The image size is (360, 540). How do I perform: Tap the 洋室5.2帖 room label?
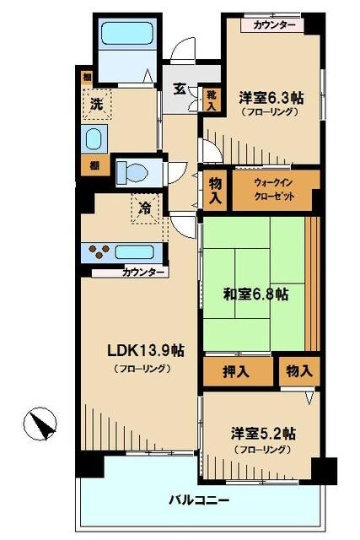(264, 434)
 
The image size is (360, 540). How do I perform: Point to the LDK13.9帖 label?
(144, 350)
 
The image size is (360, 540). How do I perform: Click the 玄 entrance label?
(180, 88)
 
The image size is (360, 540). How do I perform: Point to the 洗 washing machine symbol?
(97, 105)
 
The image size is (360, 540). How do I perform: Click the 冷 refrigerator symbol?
(146, 208)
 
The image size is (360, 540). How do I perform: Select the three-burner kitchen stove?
(99, 251)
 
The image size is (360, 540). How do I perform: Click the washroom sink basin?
(93, 138)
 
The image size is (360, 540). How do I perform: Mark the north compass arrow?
(39, 420)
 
